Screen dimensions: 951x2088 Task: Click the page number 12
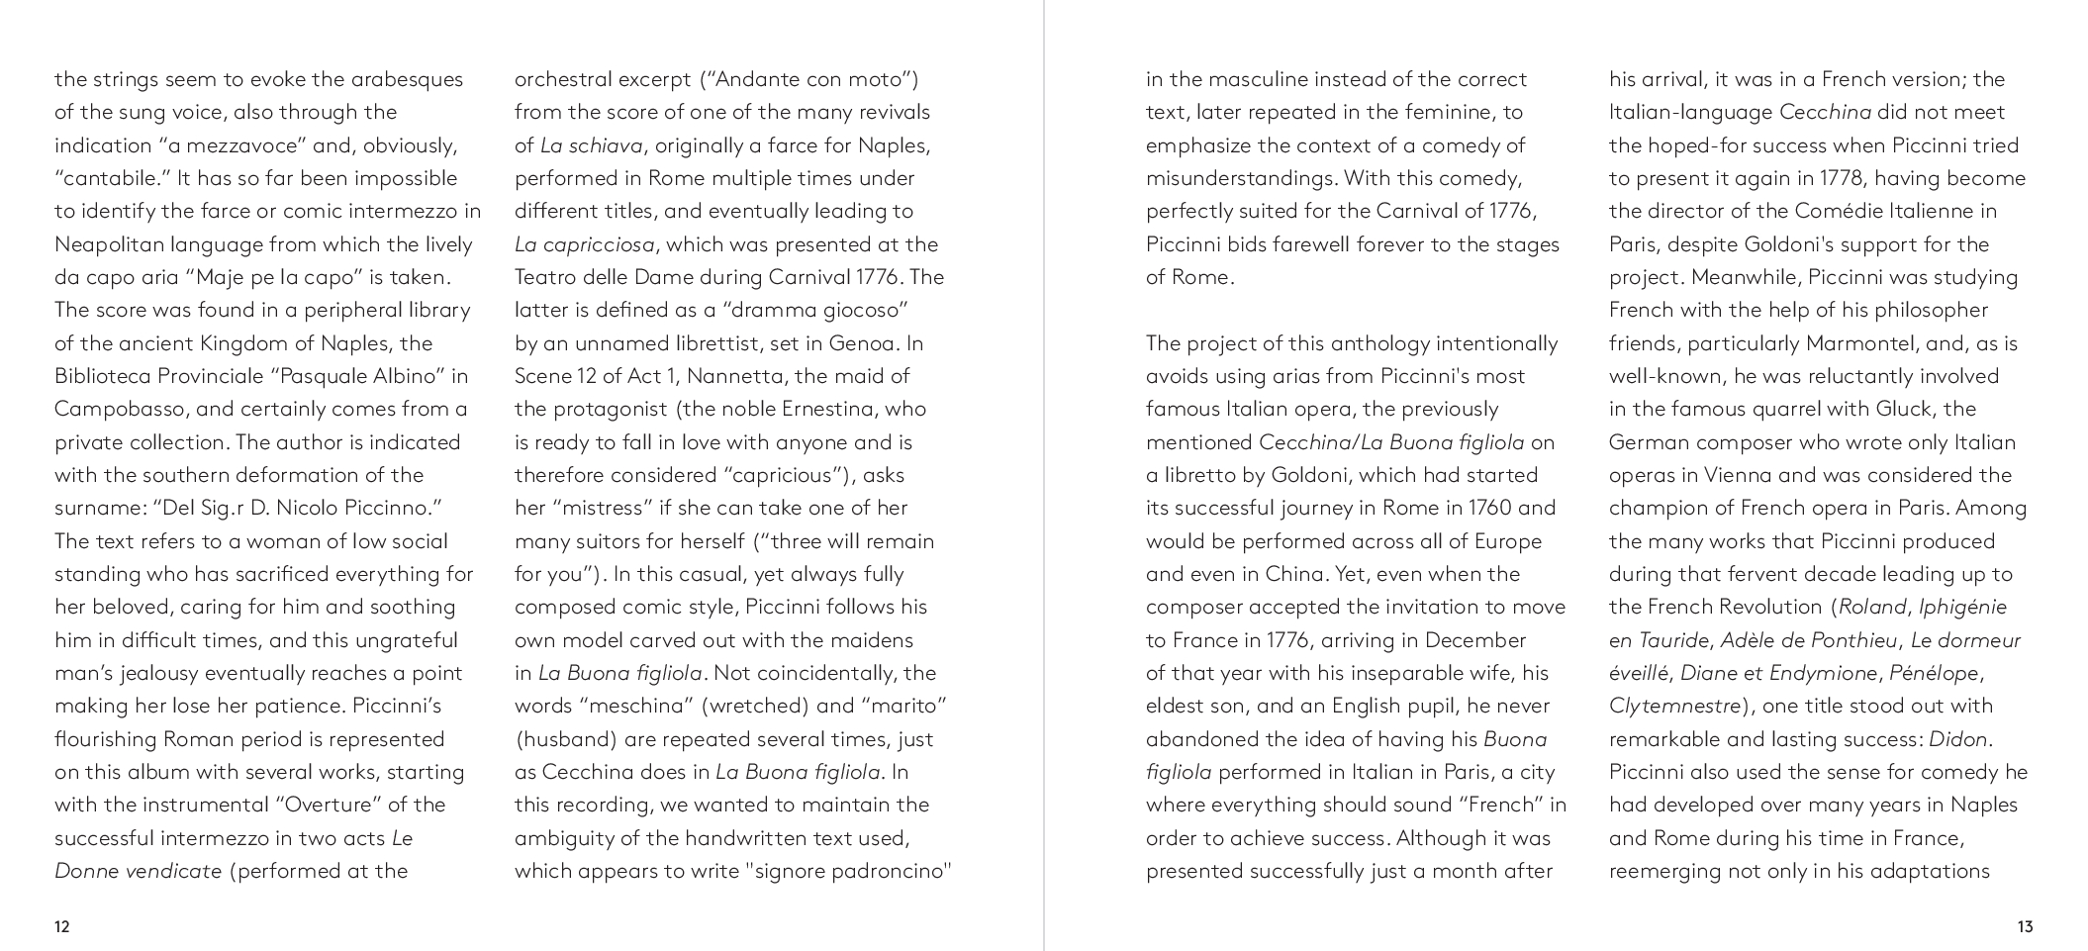click(x=62, y=927)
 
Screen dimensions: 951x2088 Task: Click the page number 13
click(x=2025, y=927)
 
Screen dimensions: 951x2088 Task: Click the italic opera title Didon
click(x=1958, y=739)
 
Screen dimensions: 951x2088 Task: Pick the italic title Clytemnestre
click(x=1674, y=706)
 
